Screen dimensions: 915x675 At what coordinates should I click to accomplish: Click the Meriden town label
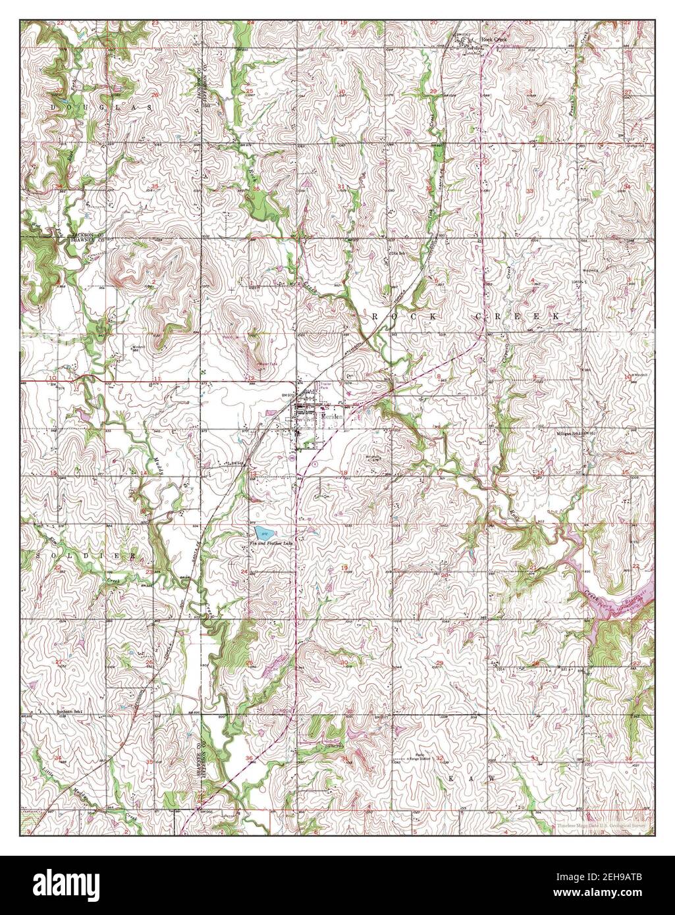click(x=329, y=417)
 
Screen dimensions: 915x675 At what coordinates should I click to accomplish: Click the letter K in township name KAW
click(x=452, y=778)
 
